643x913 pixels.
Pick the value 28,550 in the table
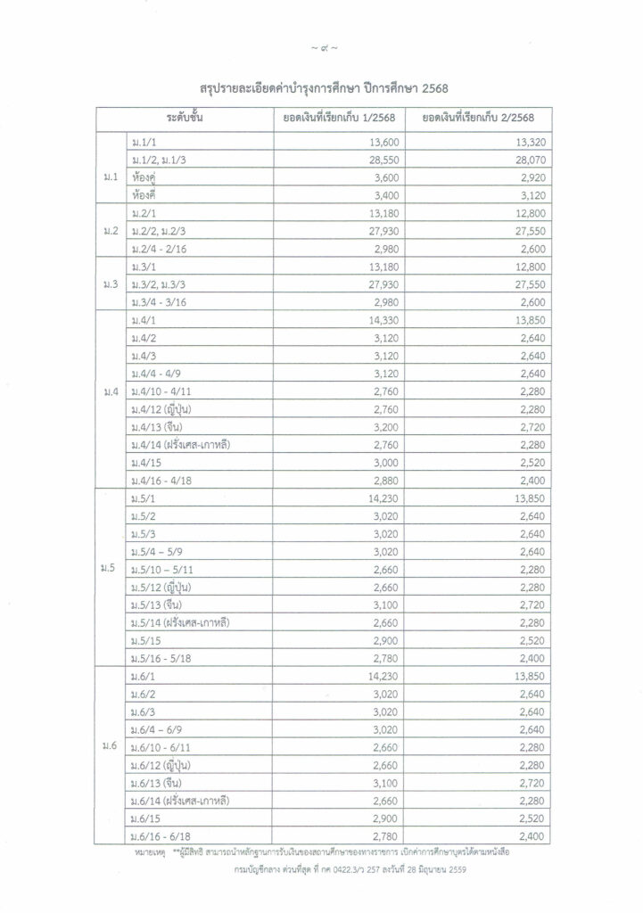coord(380,159)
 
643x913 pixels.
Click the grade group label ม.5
coord(111,569)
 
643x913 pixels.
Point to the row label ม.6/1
coord(144,676)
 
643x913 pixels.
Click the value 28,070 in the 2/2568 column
coord(518,159)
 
